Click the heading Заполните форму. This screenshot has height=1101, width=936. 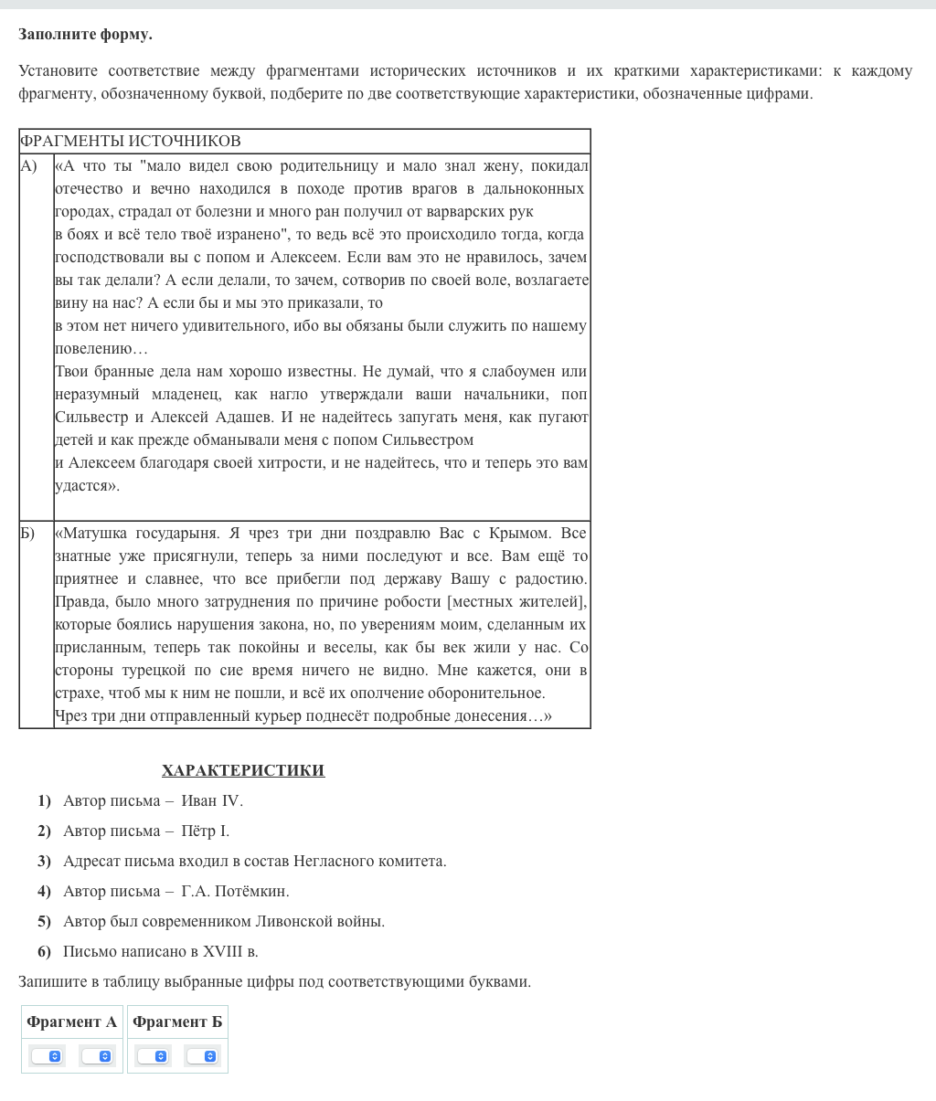(x=85, y=35)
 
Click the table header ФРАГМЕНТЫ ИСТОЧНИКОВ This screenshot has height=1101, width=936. (x=131, y=141)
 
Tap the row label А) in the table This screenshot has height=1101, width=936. (x=29, y=165)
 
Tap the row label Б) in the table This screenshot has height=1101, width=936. (x=27, y=533)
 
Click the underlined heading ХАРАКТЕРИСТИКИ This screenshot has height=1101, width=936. (x=243, y=770)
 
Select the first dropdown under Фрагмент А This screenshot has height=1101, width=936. (x=47, y=1056)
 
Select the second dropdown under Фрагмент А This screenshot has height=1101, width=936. (x=97, y=1056)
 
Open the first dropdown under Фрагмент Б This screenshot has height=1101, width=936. (x=153, y=1056)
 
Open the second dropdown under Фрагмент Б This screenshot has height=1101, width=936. (x=203, y=1056)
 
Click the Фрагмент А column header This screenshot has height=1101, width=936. (x=72, y=1022)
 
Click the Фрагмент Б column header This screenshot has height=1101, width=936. (x=177, y=1022)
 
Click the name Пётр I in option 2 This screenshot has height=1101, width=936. (x=205, y=831)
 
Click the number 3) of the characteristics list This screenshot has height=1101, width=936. (x=44, y=862)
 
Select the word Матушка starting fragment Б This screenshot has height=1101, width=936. (x=95, y=533)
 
